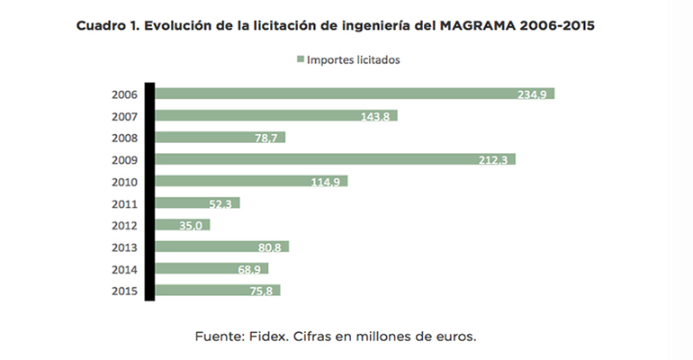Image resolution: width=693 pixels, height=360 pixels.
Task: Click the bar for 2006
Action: coord(355,94)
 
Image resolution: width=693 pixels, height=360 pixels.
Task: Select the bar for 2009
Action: coord(335,159)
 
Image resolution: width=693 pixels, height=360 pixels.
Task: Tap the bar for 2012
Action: coord(183,224)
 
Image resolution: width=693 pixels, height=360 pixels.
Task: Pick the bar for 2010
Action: coord(251,181)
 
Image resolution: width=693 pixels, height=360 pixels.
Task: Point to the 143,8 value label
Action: coord(377,116)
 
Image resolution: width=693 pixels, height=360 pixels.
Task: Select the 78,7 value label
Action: coord(268,138)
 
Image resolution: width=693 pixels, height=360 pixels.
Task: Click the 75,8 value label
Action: coord(263,290)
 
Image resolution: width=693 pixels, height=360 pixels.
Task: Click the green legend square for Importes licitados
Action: coord(300,60)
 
